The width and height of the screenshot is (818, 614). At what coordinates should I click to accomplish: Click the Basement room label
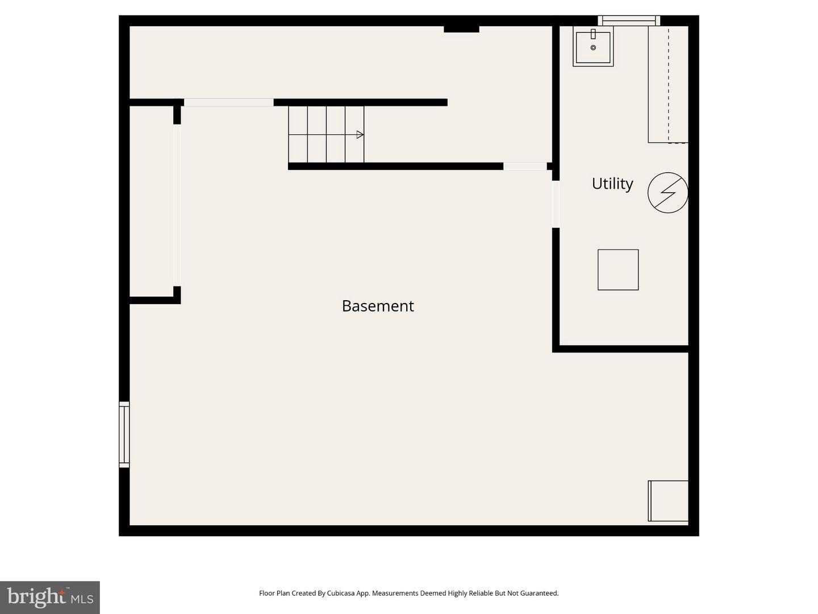[x=378, y=306]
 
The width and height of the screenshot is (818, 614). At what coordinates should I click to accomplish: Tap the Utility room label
[x=612, y=184]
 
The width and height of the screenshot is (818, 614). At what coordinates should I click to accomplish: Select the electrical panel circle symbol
[x=667, y=193]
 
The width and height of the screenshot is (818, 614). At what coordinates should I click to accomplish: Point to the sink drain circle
[x=593, y=48]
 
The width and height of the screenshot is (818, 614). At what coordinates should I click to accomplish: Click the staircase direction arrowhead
[x=360, y=135]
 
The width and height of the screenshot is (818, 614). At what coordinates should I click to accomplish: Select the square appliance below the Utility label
[x=618, y=269]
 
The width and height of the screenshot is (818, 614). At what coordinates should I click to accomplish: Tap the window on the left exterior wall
[x=124, y=434]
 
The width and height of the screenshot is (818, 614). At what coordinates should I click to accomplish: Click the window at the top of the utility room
[x=628, y=21]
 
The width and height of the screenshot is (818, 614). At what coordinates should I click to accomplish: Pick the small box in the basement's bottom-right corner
[x=668, y=501]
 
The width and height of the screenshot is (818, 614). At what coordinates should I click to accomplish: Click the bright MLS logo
[x=50, y=597]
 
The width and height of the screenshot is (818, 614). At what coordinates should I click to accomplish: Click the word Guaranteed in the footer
[x=539, y=593]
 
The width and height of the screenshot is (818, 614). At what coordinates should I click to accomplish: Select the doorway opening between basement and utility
[x=556, y=204]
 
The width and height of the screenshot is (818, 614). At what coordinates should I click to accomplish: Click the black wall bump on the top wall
[x=461, y=28]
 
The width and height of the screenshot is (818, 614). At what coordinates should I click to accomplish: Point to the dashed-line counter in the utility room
[x=668, y=84]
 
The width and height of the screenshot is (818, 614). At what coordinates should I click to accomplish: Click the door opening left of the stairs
[x=228, y=102]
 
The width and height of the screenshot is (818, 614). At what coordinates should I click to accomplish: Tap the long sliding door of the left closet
[x=177, y=205]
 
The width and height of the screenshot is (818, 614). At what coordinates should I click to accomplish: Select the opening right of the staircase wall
[x=525, y=166]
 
